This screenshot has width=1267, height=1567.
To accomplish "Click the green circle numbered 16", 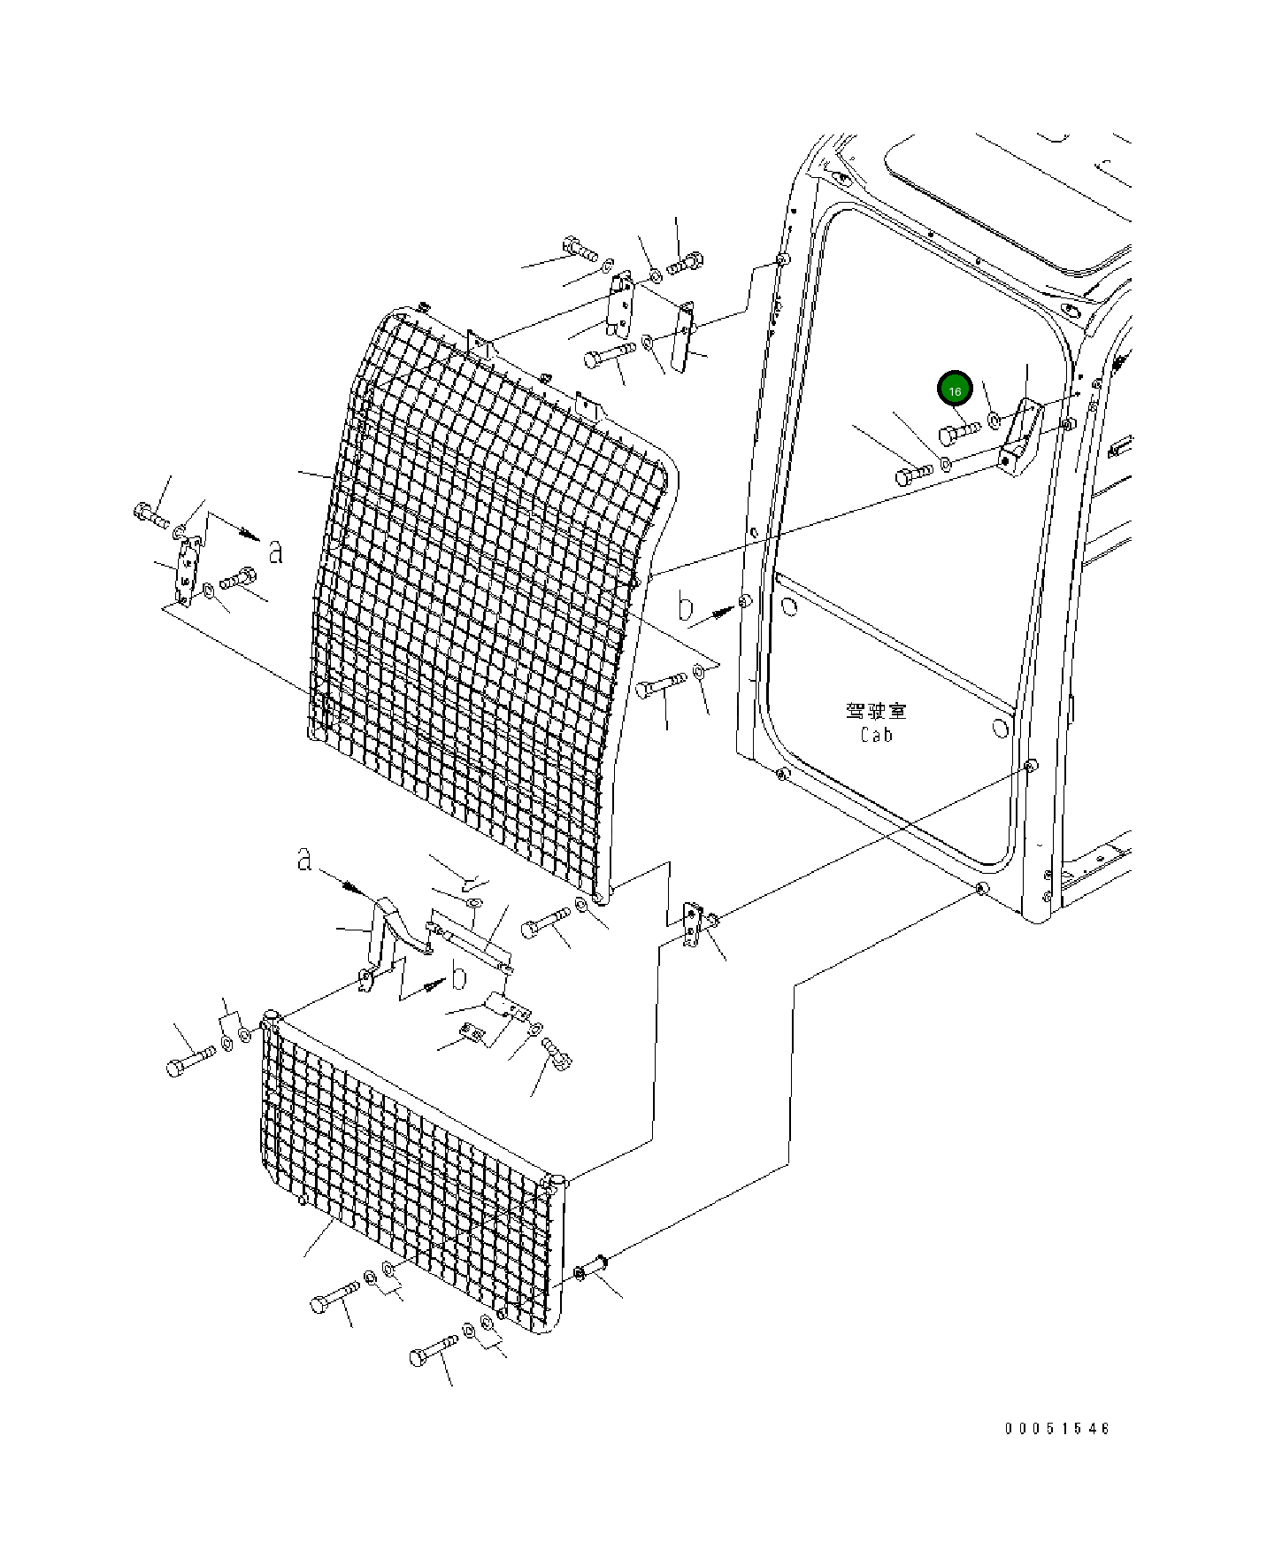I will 955,390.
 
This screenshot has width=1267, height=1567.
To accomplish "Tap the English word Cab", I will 876,735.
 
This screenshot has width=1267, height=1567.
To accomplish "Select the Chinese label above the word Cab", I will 876,711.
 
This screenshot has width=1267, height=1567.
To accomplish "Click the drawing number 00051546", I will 1056,1428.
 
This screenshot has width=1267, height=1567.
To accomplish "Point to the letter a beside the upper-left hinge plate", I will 276,552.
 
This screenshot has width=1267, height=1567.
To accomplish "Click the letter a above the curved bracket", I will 304,859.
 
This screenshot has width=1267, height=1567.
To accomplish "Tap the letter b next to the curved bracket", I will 458,977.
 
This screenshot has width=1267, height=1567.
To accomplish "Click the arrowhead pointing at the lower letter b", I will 434,984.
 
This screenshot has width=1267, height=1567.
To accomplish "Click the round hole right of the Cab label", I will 1001,728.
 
